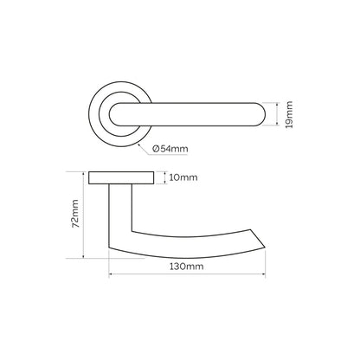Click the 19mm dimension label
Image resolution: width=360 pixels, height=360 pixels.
click(289, 114)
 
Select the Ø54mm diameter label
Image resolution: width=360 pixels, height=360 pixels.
click(170, 149)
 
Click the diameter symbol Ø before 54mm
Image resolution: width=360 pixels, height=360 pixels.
click(157, 149)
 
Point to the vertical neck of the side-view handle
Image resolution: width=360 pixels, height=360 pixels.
click(113, 212)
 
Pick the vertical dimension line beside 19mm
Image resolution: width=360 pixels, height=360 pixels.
click(278, 113)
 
